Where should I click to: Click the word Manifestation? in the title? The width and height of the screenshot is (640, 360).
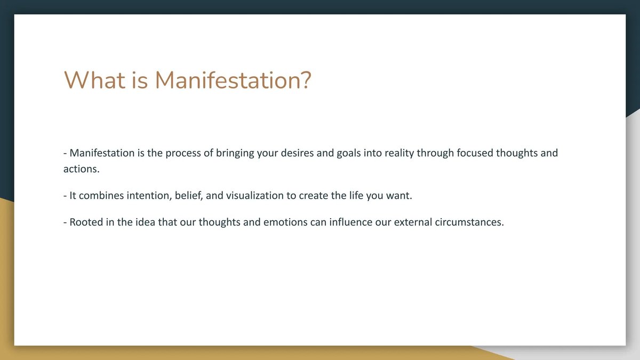pyautogui.click(x=233, y=81)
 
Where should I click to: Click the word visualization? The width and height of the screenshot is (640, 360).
pyautogui.click(x=254, y=196)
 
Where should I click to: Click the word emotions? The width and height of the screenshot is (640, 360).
pyautogui.click(x=285, y=222)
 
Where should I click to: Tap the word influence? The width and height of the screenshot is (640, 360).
pyautogui.click(x=352, y=222)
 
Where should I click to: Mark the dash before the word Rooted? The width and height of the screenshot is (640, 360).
pyautogui.click(x=65, y=222)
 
